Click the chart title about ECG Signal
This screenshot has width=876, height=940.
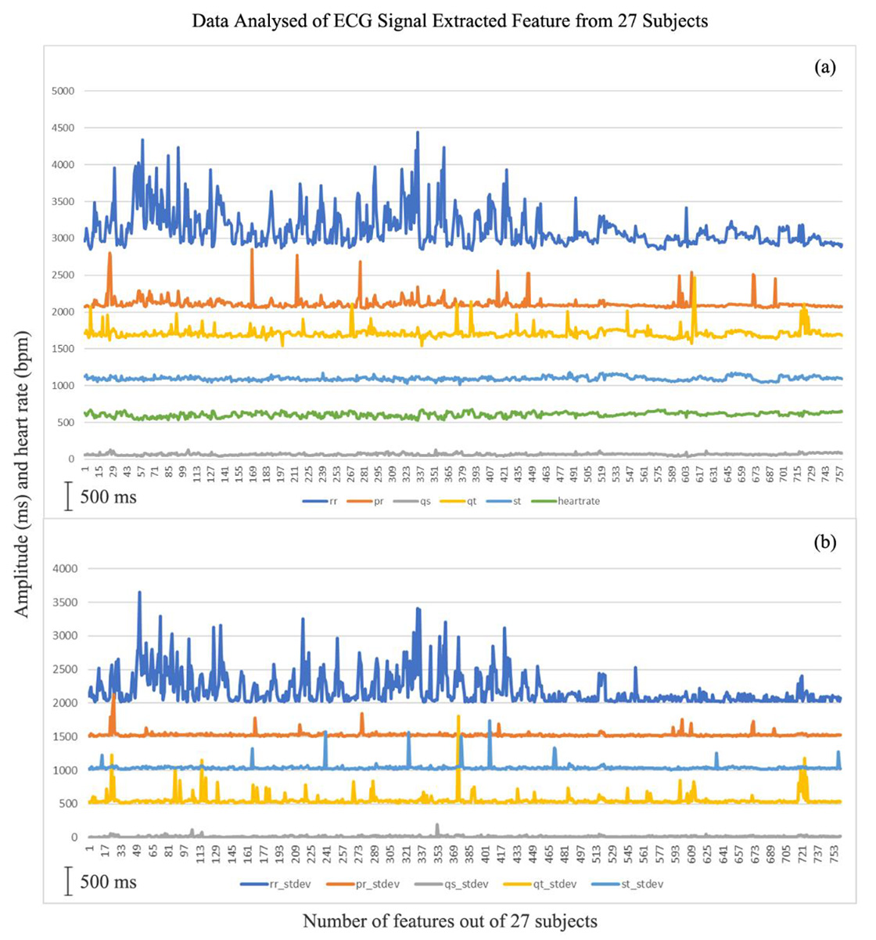click(450, 21)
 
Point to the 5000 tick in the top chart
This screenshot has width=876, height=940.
click(62, 91)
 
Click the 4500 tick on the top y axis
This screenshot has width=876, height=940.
click(62, 128)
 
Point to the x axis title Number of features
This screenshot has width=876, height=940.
click(450, 921)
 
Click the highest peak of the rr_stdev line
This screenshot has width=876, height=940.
click(139, 592)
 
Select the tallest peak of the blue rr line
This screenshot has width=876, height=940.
click(418, 132)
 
